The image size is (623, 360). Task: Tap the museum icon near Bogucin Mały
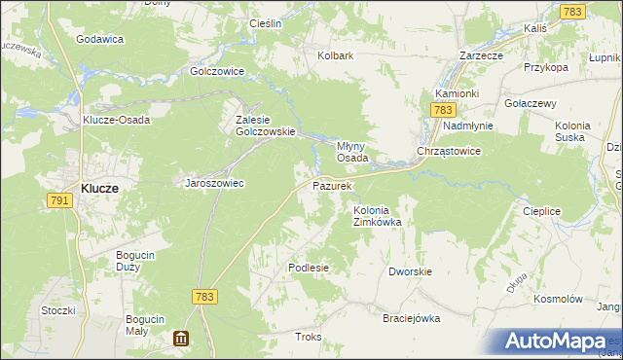tap(181, 339)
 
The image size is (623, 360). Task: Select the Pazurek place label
tap(331, 184)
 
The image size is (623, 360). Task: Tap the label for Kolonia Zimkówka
tap(378, 215)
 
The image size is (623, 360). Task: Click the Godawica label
tap(99, 39)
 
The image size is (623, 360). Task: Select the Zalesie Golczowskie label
tap(259, 126)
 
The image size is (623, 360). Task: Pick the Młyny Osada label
tap(351, 150)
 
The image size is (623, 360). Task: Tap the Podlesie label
tap(309, 267)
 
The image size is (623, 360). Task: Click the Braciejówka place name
tap(412, 318)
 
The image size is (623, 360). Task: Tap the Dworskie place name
tap(410, 272)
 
